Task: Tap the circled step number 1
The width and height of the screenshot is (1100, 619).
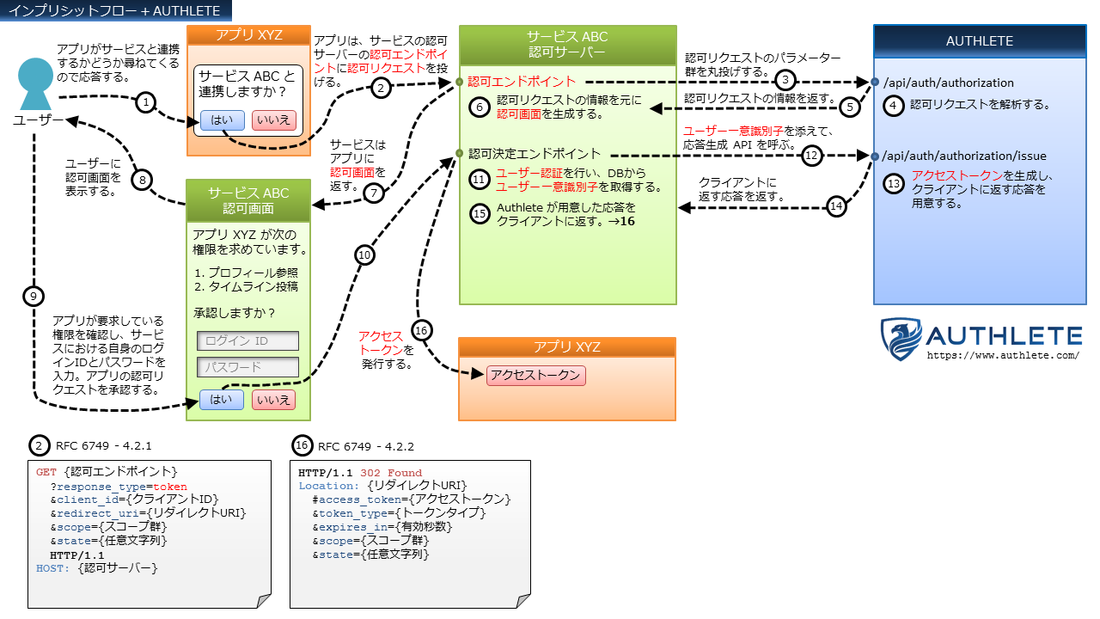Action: click(x=147, y=102)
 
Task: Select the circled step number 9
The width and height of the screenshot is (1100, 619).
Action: click(x=34, y=297)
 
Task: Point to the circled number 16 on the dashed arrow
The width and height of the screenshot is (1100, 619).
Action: click(x=420, y=331)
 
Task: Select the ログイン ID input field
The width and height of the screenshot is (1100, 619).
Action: click(x=247, y=340)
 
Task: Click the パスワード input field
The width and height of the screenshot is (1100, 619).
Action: click(x=247, y=367)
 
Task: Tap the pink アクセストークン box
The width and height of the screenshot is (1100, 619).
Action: click(x=536, y=376)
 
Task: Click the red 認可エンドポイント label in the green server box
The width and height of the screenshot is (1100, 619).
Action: click(x=522, y=82)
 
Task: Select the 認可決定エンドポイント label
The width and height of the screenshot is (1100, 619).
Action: click(x=535, y=154)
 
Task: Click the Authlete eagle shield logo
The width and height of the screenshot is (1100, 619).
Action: click(x=901, y=339)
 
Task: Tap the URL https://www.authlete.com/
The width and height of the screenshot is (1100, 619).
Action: click(x=1002, y=355)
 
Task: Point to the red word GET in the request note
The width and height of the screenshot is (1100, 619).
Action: click(x=46, y=472)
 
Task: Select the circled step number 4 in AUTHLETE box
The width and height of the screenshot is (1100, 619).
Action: click(x=895, y=105)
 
